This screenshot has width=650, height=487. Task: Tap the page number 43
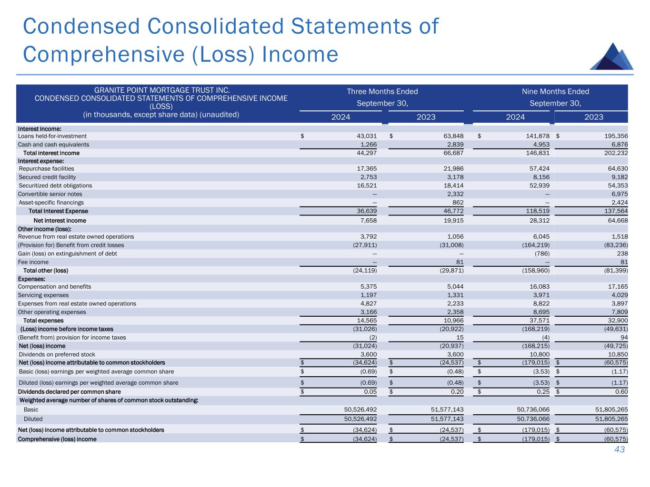(x=619, y=449)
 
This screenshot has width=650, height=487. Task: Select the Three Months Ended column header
(x=382, y=91)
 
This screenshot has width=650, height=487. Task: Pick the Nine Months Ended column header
(x=555, y=91)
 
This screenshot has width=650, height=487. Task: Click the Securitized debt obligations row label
(x=55, y=185)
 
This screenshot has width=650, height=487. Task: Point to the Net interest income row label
(x=60, y=220)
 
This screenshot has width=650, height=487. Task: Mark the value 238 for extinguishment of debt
(x=621, y=253)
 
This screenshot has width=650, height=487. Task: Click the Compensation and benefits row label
(x=54, y=287)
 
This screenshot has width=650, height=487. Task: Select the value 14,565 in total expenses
(x=366, y=321)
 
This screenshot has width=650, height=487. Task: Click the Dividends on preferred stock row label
(x=57, y=354)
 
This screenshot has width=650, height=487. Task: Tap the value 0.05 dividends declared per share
(x=370, y=392)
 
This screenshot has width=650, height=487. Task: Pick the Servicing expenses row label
(x=43, y=295)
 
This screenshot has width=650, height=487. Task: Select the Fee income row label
(x=33, y=262)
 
